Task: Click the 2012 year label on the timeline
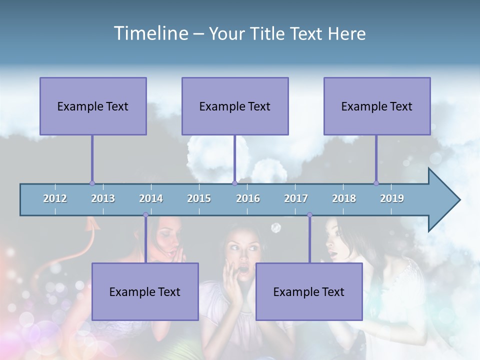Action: (55, 198)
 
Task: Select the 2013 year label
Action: (103, 198)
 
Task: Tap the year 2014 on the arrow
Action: (151, 198)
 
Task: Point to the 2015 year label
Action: (199, 198)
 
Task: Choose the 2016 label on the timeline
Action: (248, 198)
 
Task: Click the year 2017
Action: (296, 198)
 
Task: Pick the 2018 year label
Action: (344, 198)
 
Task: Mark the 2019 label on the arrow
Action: (392, 198)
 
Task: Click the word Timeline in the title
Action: (149, 33)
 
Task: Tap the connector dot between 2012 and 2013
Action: (92, 183)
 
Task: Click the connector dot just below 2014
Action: (145, 215)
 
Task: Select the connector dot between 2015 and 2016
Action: (234, 183)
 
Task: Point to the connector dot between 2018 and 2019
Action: (376, 183)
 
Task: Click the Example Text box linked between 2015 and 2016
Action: (235, 106)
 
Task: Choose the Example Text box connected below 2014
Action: (145, 291)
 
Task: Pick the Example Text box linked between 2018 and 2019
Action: (377, 106)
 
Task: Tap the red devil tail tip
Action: (92, 222)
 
